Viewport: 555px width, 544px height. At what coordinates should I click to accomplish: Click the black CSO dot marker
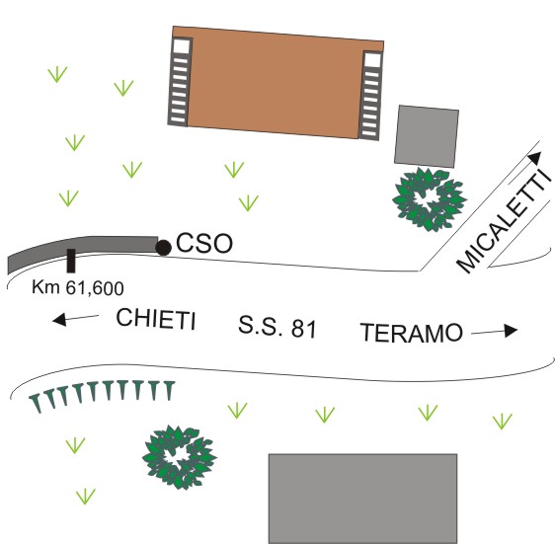tap(164, 248)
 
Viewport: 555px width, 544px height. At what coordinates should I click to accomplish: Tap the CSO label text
tap(204, 243)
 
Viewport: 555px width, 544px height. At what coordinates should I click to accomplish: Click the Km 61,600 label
tap(78, 287)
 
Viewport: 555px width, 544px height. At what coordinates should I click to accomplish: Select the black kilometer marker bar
tap(71, 261)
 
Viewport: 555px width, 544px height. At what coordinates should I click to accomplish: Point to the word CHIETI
tap(156, 319)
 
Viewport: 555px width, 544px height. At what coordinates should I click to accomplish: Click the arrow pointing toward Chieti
tap(75, 319)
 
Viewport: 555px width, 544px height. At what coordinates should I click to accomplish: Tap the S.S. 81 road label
tap(277, 327)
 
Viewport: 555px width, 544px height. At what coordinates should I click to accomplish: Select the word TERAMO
tap(412, 333)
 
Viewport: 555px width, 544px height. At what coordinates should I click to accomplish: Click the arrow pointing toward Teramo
tap(494, 332)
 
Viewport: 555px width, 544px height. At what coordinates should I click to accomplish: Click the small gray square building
tap(427, 136)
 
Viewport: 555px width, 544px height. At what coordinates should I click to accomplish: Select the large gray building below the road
tap(362, 499)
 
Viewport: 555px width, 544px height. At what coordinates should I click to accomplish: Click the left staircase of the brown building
tap(180, 81)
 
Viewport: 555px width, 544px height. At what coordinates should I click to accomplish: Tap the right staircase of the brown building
tap(371, 95)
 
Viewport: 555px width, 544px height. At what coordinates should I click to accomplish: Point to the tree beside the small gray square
tap(430, 199)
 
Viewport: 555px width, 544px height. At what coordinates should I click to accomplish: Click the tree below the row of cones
tap(180, 457)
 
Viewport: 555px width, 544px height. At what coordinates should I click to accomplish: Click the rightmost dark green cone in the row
tap(169, 391)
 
